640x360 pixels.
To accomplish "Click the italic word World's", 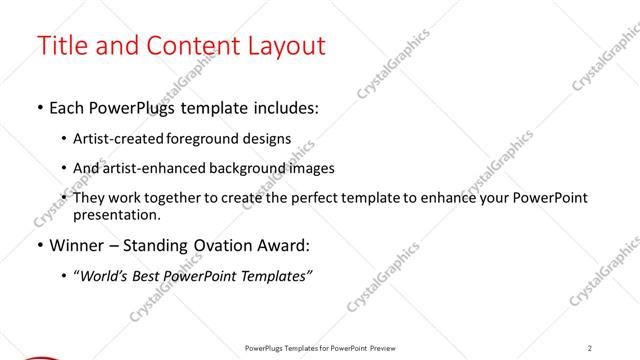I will pyautogui.click(x=108, y=275).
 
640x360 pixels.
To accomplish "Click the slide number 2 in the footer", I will pyautogui.click(x=590, y=348).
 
